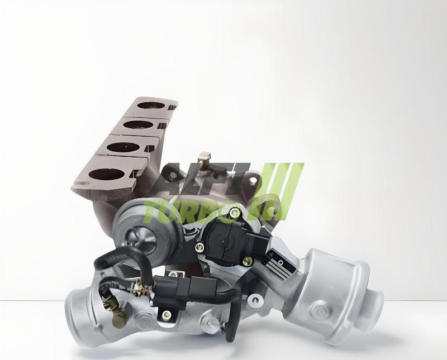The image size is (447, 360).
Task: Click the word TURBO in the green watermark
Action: coord(190,209)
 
